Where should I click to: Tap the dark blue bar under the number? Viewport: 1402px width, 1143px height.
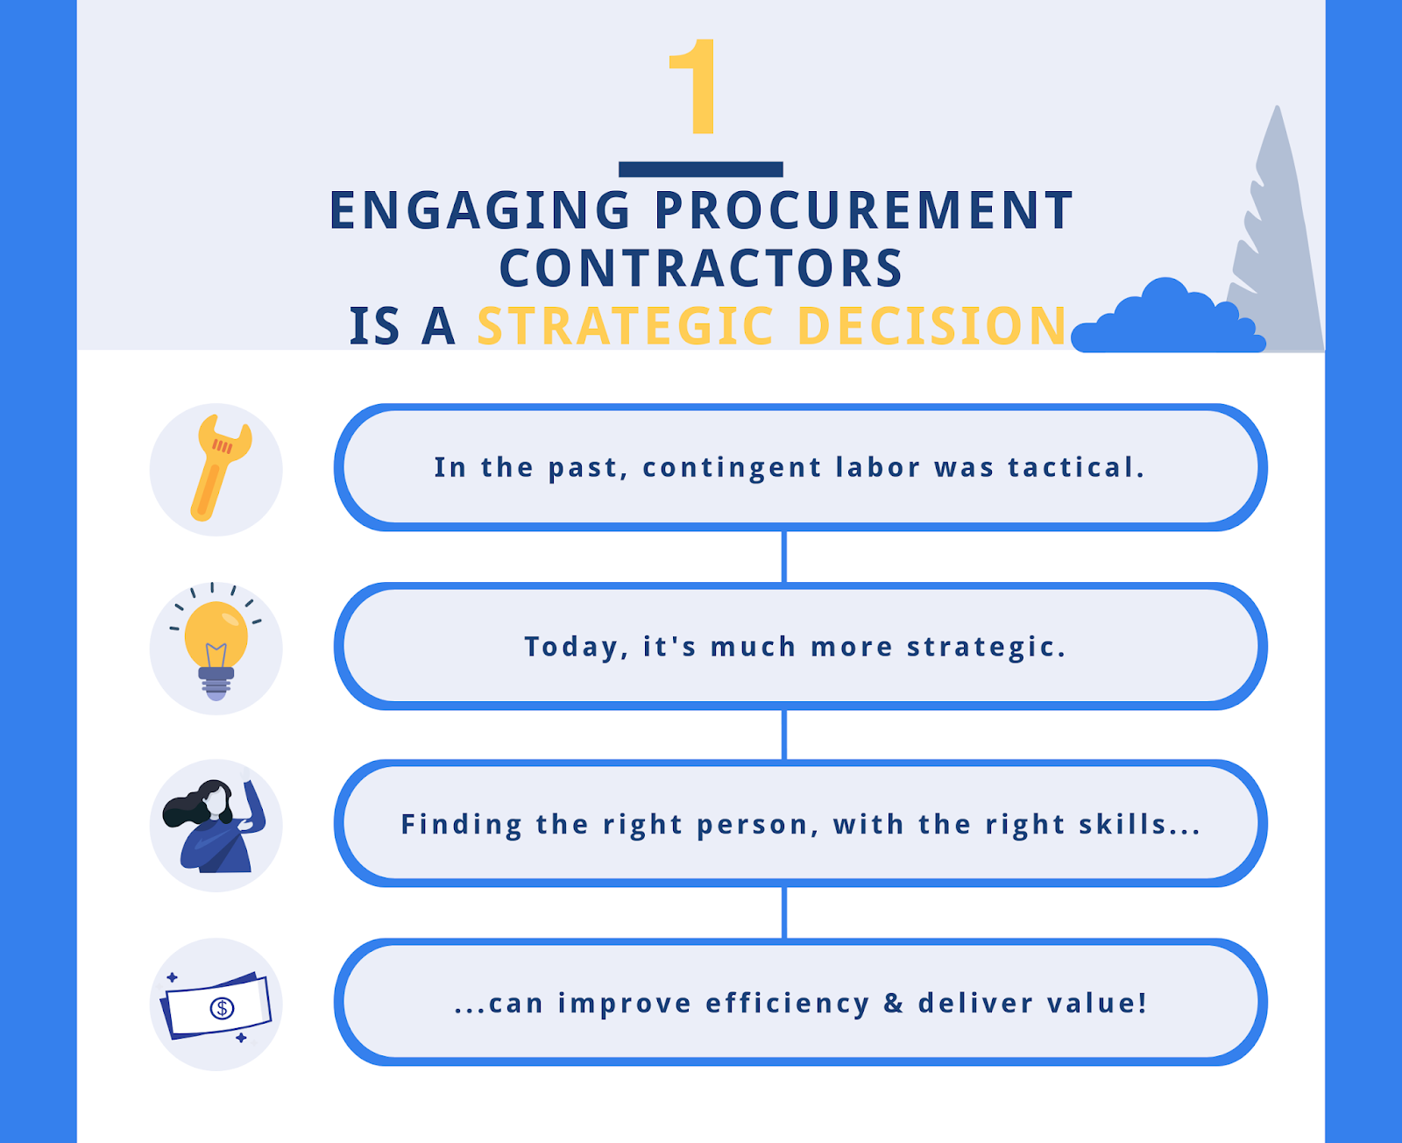click(700, 169)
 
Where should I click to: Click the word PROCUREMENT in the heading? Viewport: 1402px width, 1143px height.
click(864, 210)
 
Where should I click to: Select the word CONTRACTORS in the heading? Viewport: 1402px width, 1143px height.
click(701, 268)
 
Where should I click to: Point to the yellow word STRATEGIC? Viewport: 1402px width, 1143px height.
click(626, 326)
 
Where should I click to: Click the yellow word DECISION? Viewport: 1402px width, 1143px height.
click(932, 326)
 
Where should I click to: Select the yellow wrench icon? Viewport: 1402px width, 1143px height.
click(220, 467)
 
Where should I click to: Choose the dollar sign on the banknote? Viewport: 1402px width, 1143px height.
click(222, 1008)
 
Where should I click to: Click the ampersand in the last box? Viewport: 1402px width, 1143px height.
click(893, 1003)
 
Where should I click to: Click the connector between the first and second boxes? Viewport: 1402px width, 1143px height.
click(784, 557)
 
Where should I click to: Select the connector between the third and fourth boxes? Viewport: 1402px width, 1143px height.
click(784, 912)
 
